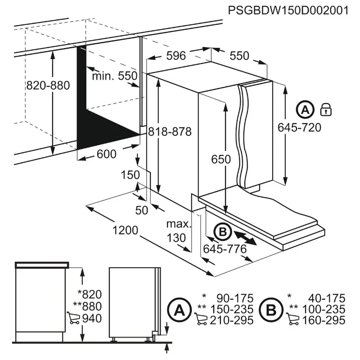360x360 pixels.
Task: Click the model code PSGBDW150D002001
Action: [x=288, y=10]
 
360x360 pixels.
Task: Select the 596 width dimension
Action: [x=176, y=56]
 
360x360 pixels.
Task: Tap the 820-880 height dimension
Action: [x=48, y=85]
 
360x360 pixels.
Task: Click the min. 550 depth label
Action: [x=114, y=76]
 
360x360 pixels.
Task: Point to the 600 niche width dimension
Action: [x=107, y=154]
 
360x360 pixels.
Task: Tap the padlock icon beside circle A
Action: [x=325, y=109]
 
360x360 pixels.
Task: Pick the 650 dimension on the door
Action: [x=221, y=159]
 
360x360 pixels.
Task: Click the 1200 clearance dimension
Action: [x=125, y=230]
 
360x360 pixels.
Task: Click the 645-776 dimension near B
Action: [x=225, y=249]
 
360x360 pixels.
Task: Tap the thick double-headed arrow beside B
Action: [x=245, y=238]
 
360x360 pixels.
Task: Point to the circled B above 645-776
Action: [x=222, y=232]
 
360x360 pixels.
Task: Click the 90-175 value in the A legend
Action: [x=235, y=298]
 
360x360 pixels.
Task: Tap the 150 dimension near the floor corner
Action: [x=131, y=175]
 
